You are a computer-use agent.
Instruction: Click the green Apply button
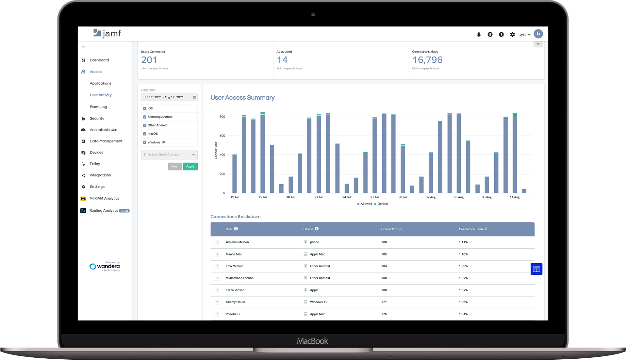[x=190, y=167]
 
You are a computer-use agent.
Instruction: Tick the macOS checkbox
[x=145, y=134]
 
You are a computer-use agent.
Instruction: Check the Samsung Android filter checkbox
[x=145, y=117]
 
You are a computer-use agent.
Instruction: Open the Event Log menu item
[x=98, y=107]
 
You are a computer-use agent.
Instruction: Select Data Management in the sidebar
[x=106, y=141]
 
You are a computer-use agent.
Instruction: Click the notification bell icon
[x=479, y=35]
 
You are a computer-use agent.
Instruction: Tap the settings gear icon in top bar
[x=512, y=35]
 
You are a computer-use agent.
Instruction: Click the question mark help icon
[x=501, y=35]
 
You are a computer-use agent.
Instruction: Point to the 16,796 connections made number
[x=427, y=60]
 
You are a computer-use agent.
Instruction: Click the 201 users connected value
[x=149, y=60]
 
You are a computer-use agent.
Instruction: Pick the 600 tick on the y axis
[x=222, y=136]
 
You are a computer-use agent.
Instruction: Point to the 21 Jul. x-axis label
[x=319, y=197]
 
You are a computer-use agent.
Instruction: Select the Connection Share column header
[x=471, y=229]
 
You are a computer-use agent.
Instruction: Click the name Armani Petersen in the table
[x=237, y=242]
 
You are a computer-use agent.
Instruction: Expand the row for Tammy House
[x=217, y=302]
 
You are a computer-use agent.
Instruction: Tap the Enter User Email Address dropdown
[x=169, y=155]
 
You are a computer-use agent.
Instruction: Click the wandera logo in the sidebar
[x=105, y=267]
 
